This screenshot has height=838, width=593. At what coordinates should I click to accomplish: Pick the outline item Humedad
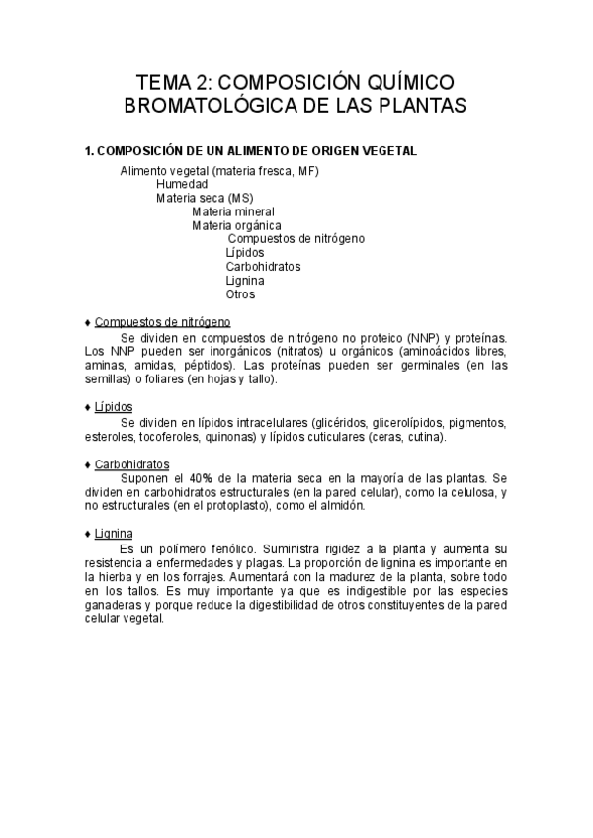click(x=182, y=185)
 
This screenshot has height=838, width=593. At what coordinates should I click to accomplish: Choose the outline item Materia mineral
click(x=233, y=211)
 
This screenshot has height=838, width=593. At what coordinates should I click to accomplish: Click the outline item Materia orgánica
click(x=235, y=225)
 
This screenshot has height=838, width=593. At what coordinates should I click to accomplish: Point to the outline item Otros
click(x=240, y=294)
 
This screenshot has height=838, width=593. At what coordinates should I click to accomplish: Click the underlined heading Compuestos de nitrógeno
click(x=162, y=322)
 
